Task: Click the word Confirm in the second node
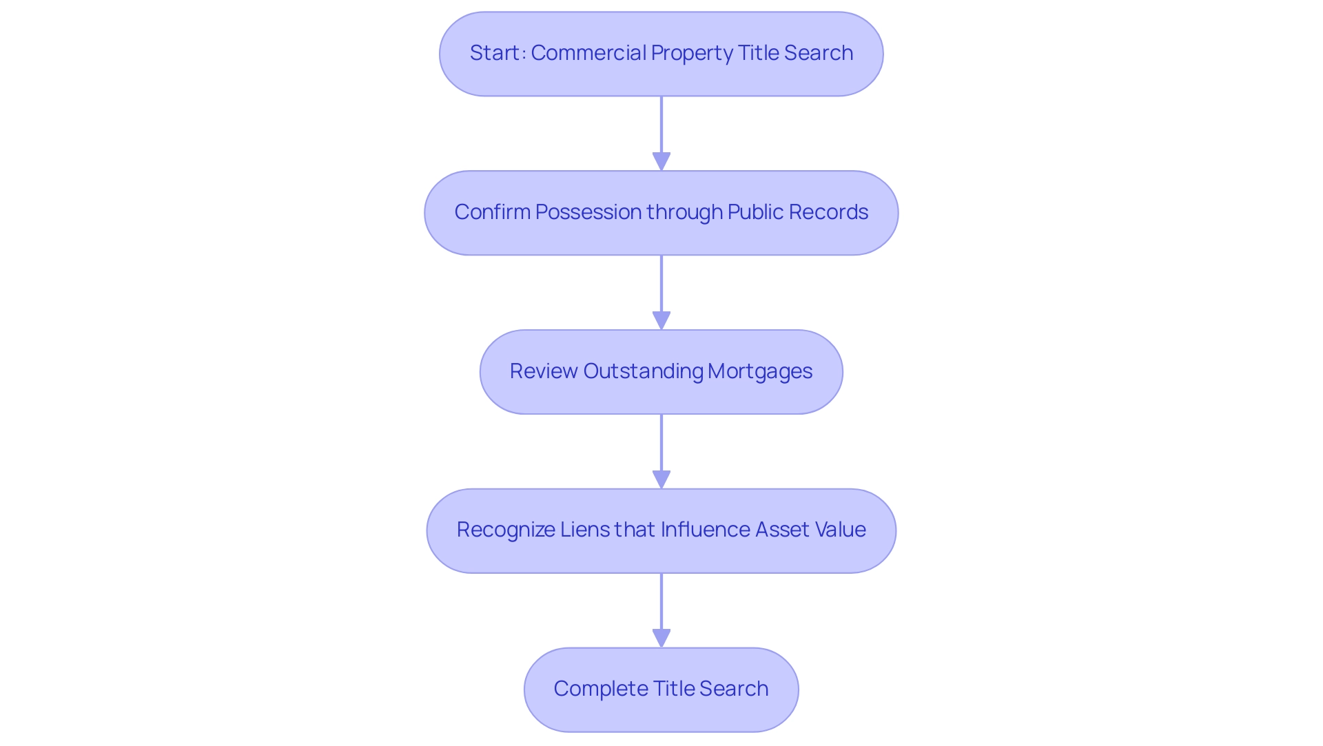coord(492,212)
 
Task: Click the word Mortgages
coord(760,371)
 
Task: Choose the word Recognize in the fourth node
coord(506,530)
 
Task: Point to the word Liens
coord(584,530)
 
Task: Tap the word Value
coord(840,530)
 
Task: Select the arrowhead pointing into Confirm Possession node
coord(661,161)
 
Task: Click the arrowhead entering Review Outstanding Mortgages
coord(661,320)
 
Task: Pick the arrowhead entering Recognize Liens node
coord(661,479)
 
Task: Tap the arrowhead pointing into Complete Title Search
coord(661,638)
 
